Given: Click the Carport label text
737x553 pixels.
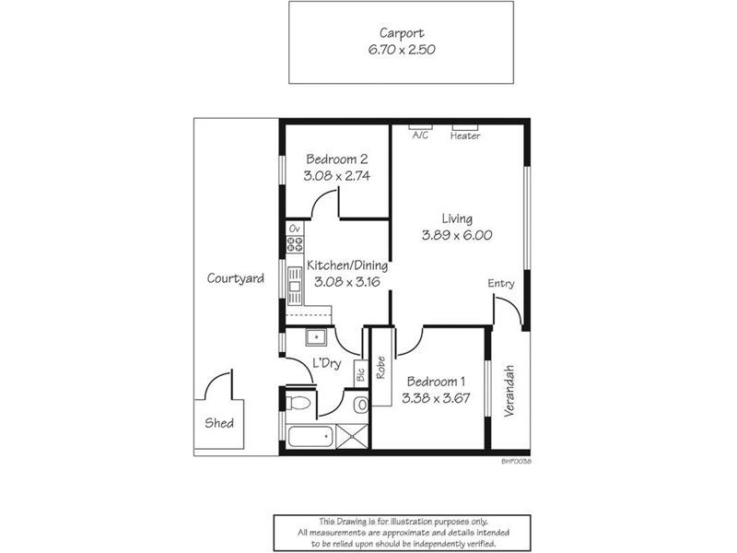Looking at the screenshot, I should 402,34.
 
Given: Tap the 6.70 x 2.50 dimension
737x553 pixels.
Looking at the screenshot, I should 402,51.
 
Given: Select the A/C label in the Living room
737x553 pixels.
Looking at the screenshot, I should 420,135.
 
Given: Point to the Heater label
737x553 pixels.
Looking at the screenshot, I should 465,136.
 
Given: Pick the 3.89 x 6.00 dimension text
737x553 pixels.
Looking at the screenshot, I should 457,235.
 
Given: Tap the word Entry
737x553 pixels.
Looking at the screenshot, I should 501,284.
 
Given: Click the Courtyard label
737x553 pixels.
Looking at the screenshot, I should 236,278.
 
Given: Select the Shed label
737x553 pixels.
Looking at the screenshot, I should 219,424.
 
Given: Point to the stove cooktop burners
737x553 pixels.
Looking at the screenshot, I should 295,244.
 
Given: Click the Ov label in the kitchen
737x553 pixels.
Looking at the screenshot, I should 295,228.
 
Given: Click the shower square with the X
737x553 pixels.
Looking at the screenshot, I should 351,436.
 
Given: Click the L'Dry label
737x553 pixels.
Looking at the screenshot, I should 326,364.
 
